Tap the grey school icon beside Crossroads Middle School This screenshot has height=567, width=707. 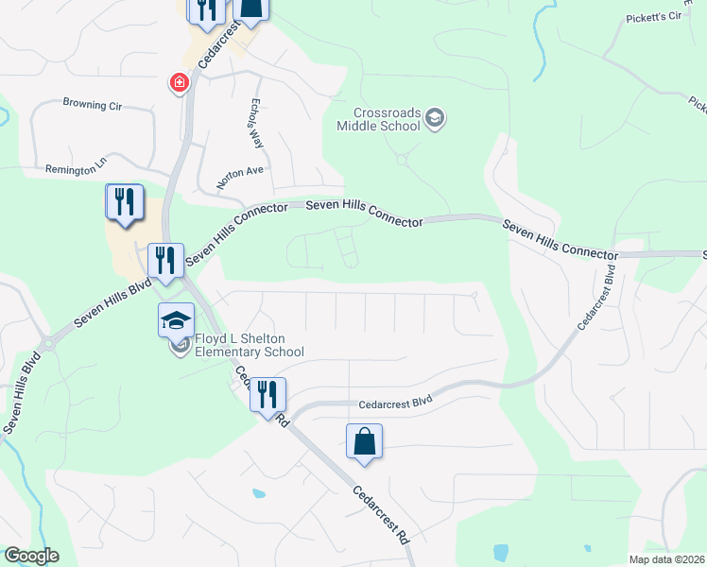pyautogui.click(x=435, y=118)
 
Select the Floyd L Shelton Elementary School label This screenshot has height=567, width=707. pyautogui.click(x=250, y=346)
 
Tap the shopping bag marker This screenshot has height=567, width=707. pyautogui.click(x=364, y=441)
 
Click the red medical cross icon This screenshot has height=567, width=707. pyautogui.click(x=178, y=84)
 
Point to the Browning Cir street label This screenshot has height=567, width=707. pyautogui.click(x=93, y=104)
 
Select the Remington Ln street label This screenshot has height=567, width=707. pyautogui.click(x=77, y=169)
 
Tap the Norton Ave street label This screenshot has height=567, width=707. pyautogui.click(x=243, y=174)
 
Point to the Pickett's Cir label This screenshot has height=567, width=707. pyautogui.click(x=654, y=17)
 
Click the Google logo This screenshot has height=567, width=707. pyautogui.click(x=31, y=556)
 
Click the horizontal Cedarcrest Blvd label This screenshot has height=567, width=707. pyautogui.click(x=394, y=403)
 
